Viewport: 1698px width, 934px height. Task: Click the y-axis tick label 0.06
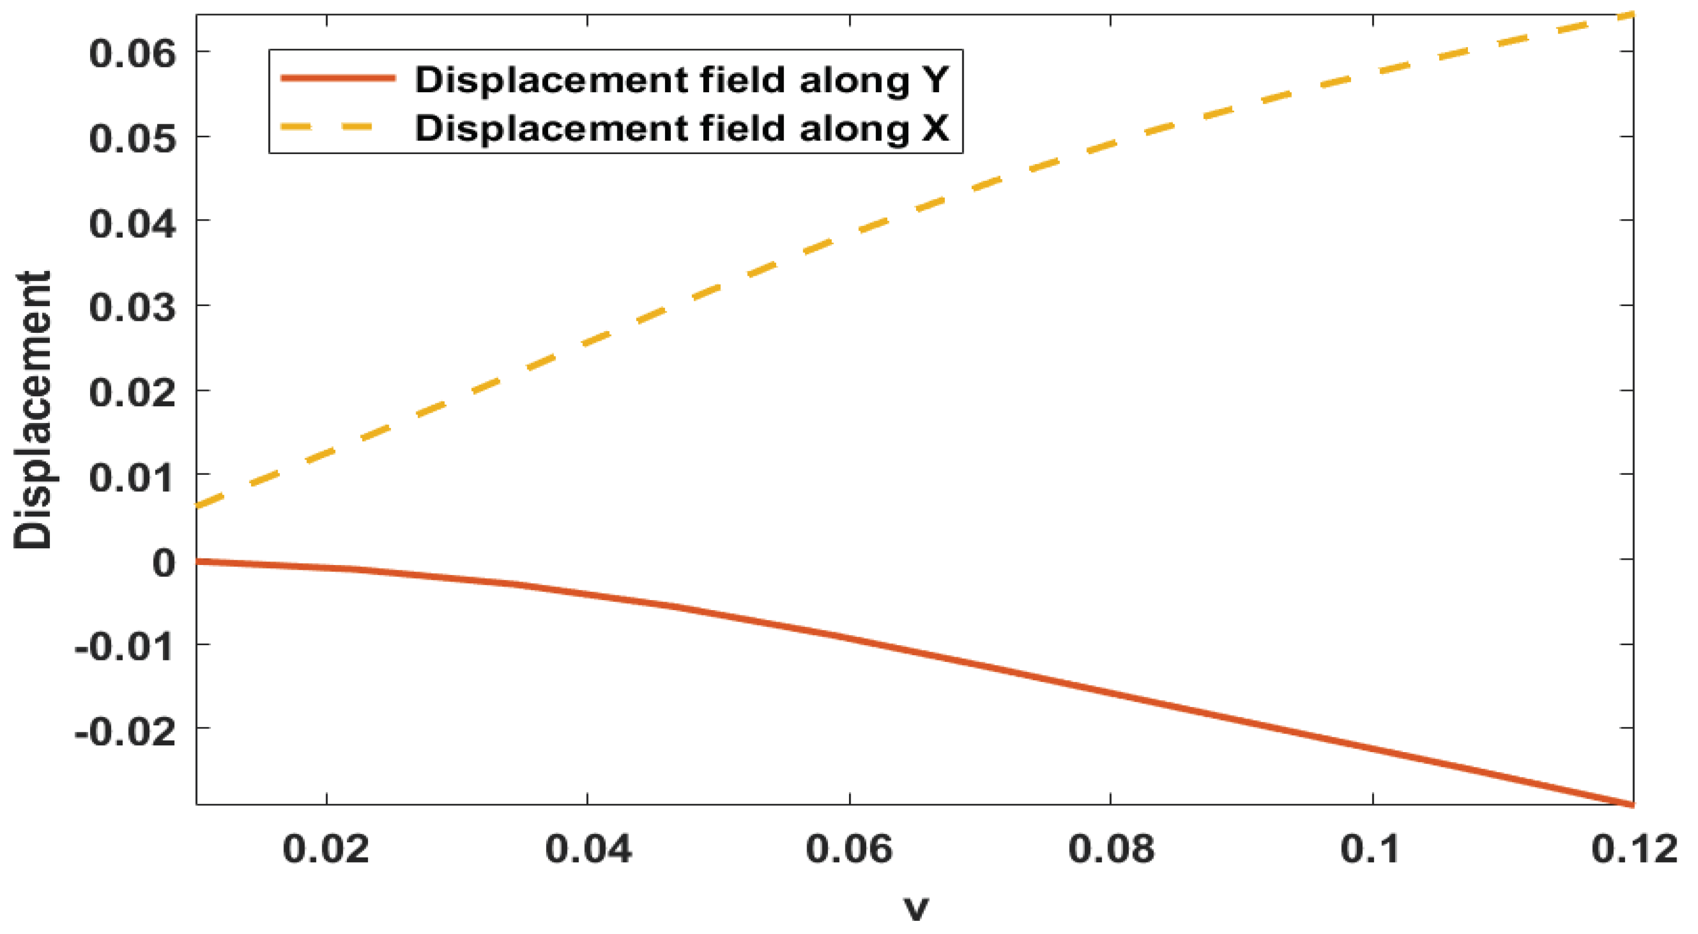133,53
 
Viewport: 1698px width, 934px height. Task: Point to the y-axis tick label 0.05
133,138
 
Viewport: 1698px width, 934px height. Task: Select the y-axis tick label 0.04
133,223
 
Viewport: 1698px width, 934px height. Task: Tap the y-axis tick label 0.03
133,307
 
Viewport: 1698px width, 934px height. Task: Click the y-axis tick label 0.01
133,476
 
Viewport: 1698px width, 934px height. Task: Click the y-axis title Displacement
33,409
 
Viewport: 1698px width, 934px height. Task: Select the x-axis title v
916,908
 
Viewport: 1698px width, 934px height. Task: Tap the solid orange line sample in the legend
338,78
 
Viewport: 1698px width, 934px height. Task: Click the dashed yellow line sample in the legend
328,126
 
